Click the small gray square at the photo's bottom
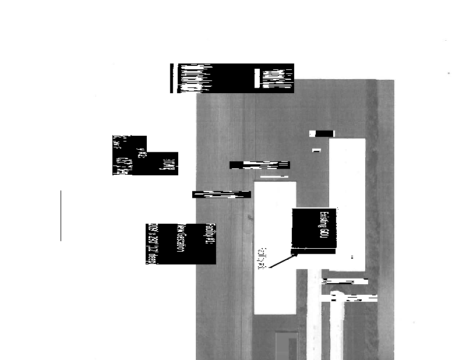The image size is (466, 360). (x=286, y=345)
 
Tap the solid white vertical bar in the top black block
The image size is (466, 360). (x=256, y=79)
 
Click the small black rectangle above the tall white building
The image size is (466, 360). (x=322, y=133)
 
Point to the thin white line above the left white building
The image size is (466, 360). (x=274, y=176)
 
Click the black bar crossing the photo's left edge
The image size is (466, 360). (x=221, y=195)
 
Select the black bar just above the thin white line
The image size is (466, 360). (x=259, y=165)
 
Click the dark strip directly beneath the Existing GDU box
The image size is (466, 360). (x=313, y=251)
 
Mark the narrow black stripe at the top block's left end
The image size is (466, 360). (x=171, y=78)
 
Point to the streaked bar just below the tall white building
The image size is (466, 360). (x=345, y=281)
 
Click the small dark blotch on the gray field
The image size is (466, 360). (x=250, y=218)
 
